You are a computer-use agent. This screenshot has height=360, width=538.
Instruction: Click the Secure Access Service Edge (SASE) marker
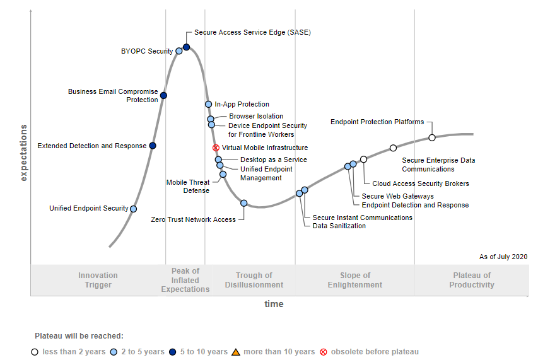pyautogui.click(x=187, y=47)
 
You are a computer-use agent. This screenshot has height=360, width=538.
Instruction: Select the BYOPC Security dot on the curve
pyautogui.click(x=179, y=51)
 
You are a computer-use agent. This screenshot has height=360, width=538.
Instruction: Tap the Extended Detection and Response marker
pyautogui.click(x=153, y=146)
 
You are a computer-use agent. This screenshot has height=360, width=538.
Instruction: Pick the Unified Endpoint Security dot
pyautogui.click(x=133, y=209)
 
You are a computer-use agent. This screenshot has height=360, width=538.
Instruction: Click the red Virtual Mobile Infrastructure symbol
pyautogui.click(x=216, y=148)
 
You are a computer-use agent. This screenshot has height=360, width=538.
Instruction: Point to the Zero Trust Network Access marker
pyautogui.click(x=244, y=203)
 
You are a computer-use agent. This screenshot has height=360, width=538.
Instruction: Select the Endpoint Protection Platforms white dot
pyautogui.click(x=432, y=137)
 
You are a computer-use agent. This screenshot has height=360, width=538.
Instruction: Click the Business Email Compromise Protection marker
pyautogui.click(x=163, y=95)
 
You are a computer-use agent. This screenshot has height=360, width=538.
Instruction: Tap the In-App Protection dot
pyautogui.click(x=208, y=104)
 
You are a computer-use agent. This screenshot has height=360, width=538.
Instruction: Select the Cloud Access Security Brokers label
pyautogui.click(x=421, y=184)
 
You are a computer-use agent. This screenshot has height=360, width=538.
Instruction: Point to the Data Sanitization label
pyautogui.click(x=339, y=226)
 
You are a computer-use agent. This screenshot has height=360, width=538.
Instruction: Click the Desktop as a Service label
pyautogui.click(x=274, y=160)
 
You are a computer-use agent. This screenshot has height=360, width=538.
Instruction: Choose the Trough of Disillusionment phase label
pyautogui.click(x=254, y=280)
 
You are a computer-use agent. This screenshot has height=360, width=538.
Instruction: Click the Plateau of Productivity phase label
pyautogui.click(x=472, y=280)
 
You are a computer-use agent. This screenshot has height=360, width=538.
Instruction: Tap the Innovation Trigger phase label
pyautogui.click(x=98, y=280)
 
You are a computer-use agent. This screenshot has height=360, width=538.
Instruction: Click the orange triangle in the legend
pyautogui.click(x=236, y=352)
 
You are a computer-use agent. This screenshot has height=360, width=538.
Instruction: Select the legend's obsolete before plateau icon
pyautogui.click(x=324, y=352)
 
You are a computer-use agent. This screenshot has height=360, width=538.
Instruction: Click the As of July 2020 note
pyautogui.click(x=503, y=257)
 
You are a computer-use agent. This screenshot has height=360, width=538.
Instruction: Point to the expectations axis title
pyautogui.click(x=24, y=153)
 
